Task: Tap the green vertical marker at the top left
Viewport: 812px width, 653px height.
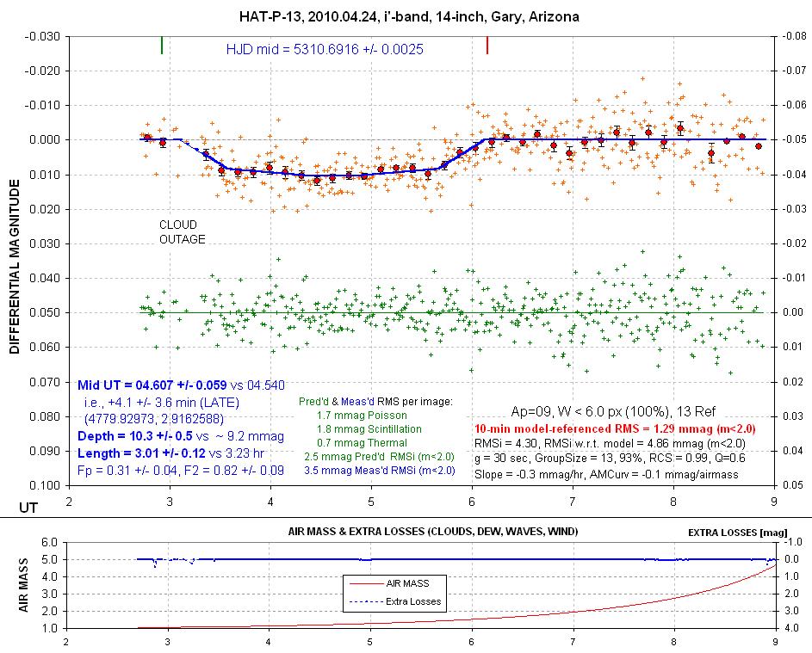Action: pos(162,45)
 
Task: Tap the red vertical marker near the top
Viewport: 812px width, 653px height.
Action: pos(488,45)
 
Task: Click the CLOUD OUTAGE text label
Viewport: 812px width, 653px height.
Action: pos(183,232)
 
